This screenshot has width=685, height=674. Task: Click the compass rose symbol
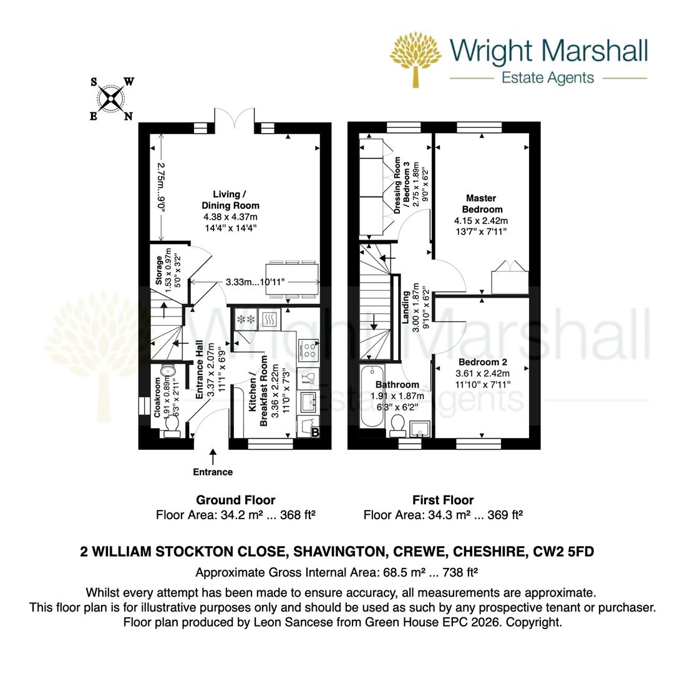(x=111, y=98)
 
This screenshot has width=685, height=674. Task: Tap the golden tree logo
(x=415, y=57)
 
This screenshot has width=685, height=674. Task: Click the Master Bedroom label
(x=481, y=203)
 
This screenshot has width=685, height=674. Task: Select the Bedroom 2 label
(x=482, y=362)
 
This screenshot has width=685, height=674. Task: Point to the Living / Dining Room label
(x=230, y=200)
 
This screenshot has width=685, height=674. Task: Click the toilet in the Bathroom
(x=397, y=427)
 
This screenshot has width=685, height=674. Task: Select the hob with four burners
(x=309, y=350)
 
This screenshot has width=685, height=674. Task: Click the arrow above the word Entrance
(x=213, y=456)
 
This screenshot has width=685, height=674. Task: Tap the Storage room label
(x=159, y=270)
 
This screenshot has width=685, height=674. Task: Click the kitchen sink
(x=308, y=402)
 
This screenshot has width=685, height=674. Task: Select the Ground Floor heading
(x=235, y=500)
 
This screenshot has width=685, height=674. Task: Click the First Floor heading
(x=442, y=500)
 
